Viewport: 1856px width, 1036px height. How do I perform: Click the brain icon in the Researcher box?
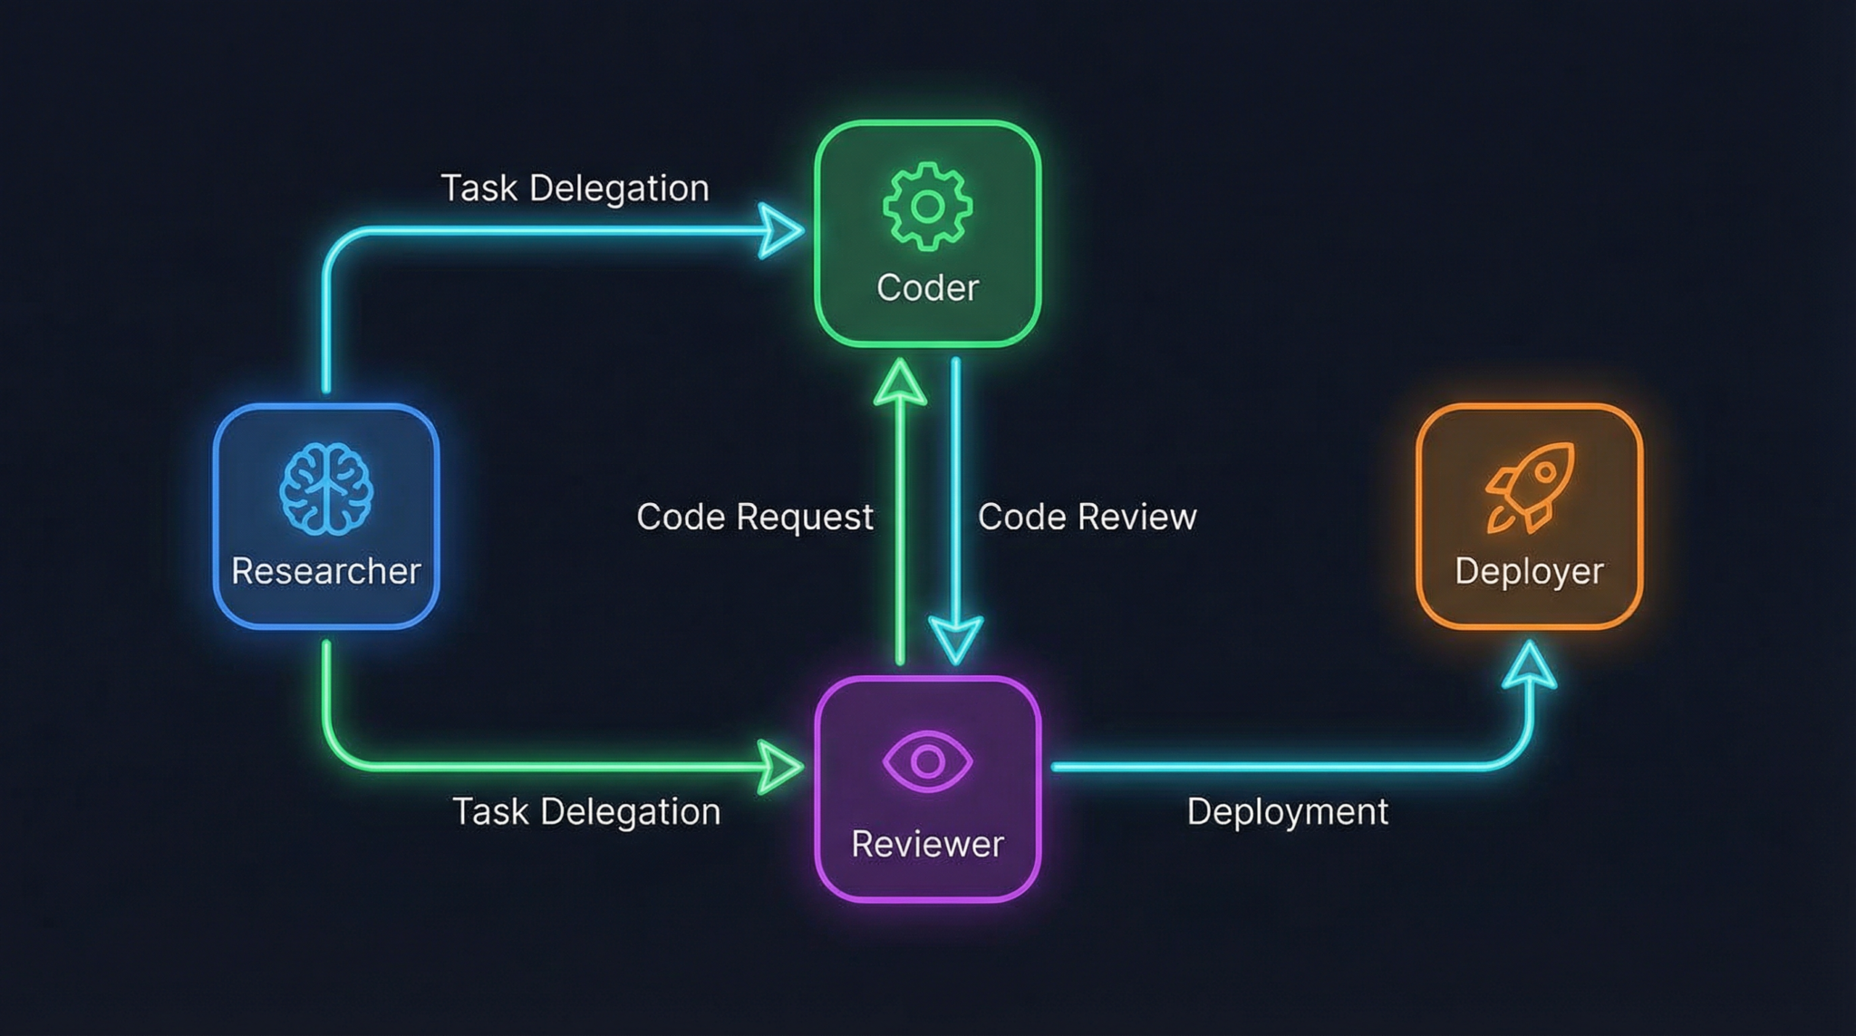[326, 489]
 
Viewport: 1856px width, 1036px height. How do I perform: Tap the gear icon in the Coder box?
[927, 207]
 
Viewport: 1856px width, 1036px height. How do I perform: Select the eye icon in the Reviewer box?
[927, 760]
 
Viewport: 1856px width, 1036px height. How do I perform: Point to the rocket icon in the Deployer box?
[1530, 487]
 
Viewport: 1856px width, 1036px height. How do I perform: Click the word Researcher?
[326, 571]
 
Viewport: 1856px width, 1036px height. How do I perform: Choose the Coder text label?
[927, 288]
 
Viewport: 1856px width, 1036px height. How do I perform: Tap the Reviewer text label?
[927, 844]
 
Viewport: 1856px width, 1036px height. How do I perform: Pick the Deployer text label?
[1529, 571]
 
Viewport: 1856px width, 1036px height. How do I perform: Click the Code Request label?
[754, 517]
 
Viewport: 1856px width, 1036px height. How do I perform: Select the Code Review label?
[1087, 517]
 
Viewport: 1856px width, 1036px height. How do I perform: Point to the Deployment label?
[1287, 811]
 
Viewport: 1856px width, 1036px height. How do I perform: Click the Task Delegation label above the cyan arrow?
[575, 189]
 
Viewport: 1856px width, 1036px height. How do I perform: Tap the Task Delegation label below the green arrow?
[586, 811]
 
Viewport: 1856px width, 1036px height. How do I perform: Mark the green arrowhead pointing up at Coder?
[900, 382]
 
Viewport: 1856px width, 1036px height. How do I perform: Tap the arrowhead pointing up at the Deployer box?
[1530, 666]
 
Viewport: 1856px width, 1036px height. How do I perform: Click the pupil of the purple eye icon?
[927, 760]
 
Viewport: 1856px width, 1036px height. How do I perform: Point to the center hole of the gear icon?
[927, 207]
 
